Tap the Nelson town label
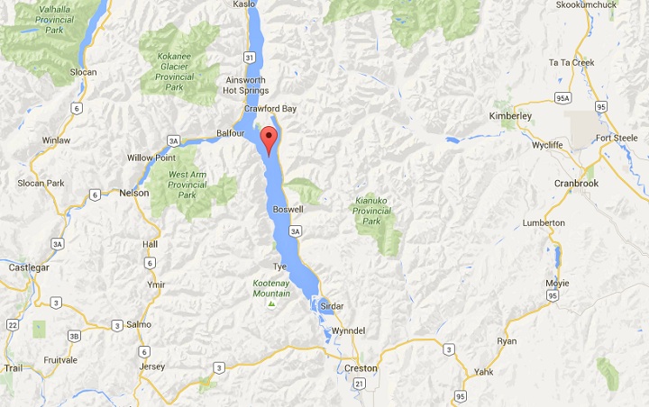(x=133, y=193)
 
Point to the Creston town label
(x=361, y=368)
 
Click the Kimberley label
(x=510, y=116)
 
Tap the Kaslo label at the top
(x=244, y=5)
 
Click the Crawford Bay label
(x=270, y=109)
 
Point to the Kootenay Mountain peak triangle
(x=270, y=303)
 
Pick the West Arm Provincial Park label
(x=187, y=185)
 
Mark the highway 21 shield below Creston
(x=360, y=384)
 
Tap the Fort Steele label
(x=616, y=138)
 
